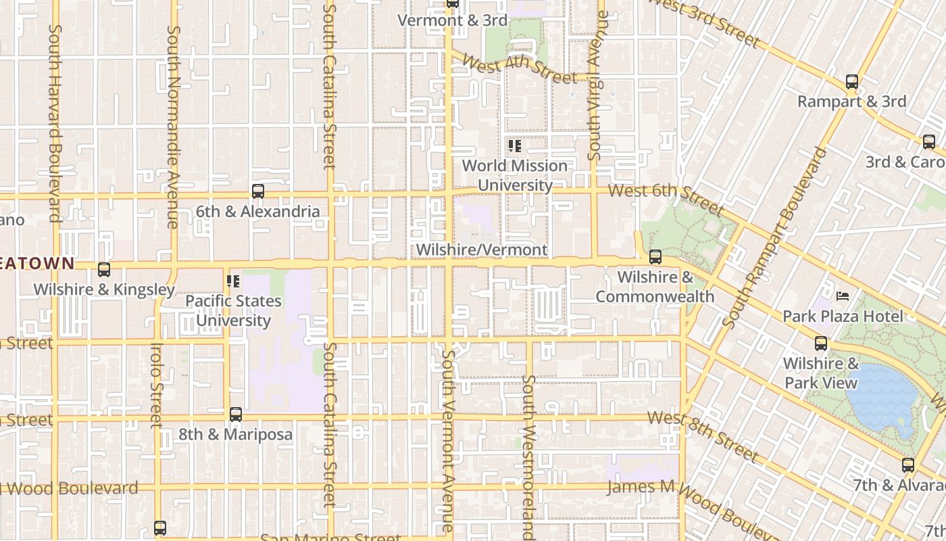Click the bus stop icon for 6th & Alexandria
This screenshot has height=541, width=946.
click(257, 191)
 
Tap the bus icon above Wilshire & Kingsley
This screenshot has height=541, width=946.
click(104, 270)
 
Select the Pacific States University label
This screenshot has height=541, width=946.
click(233, 310)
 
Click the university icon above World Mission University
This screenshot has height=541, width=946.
click(515, 146)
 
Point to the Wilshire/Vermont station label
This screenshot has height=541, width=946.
click(481, 250)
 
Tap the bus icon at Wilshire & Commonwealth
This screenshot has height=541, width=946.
click(655, 257)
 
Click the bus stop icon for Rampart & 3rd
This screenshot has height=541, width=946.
click(852, 82)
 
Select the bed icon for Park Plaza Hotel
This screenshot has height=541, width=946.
click(843, 296)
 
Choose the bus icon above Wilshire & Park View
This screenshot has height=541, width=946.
click(820, 344)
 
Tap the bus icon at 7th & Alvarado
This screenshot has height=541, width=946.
click(907, 465)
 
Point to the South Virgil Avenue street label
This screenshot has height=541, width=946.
click(594, 85)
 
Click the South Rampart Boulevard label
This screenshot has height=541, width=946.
click(777, 237)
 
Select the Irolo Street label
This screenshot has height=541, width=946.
click(157, 385)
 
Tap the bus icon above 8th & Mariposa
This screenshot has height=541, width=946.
click(235, 415)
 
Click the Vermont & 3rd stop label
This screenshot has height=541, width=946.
click(452, 20)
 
